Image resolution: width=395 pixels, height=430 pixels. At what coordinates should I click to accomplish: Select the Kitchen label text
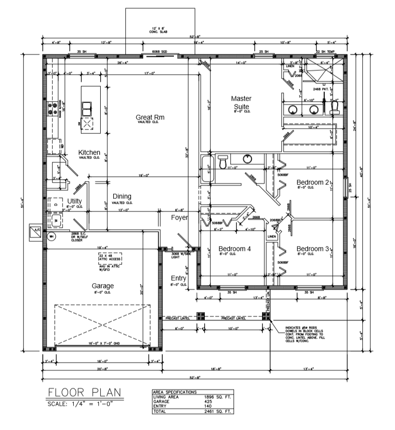tap(89, 153)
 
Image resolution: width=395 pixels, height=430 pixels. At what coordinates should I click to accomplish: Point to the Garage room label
tap(103, 286)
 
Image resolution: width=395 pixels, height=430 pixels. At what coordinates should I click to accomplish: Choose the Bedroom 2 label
tap(313, 182)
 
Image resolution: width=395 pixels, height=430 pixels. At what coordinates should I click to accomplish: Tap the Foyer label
tap(179, 217)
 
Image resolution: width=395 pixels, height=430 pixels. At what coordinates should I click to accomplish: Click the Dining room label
tap(122, 196)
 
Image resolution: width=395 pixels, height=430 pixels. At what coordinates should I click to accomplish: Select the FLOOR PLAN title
tap(84, 393)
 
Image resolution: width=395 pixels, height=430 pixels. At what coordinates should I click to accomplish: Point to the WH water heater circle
tap(52, 236)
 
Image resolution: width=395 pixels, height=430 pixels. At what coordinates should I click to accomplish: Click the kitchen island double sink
tap(87, 109)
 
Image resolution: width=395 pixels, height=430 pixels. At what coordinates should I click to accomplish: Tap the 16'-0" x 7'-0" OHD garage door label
tap(107, 343)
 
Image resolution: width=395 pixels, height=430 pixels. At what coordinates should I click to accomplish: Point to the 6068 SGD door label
tap(159, 51)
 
